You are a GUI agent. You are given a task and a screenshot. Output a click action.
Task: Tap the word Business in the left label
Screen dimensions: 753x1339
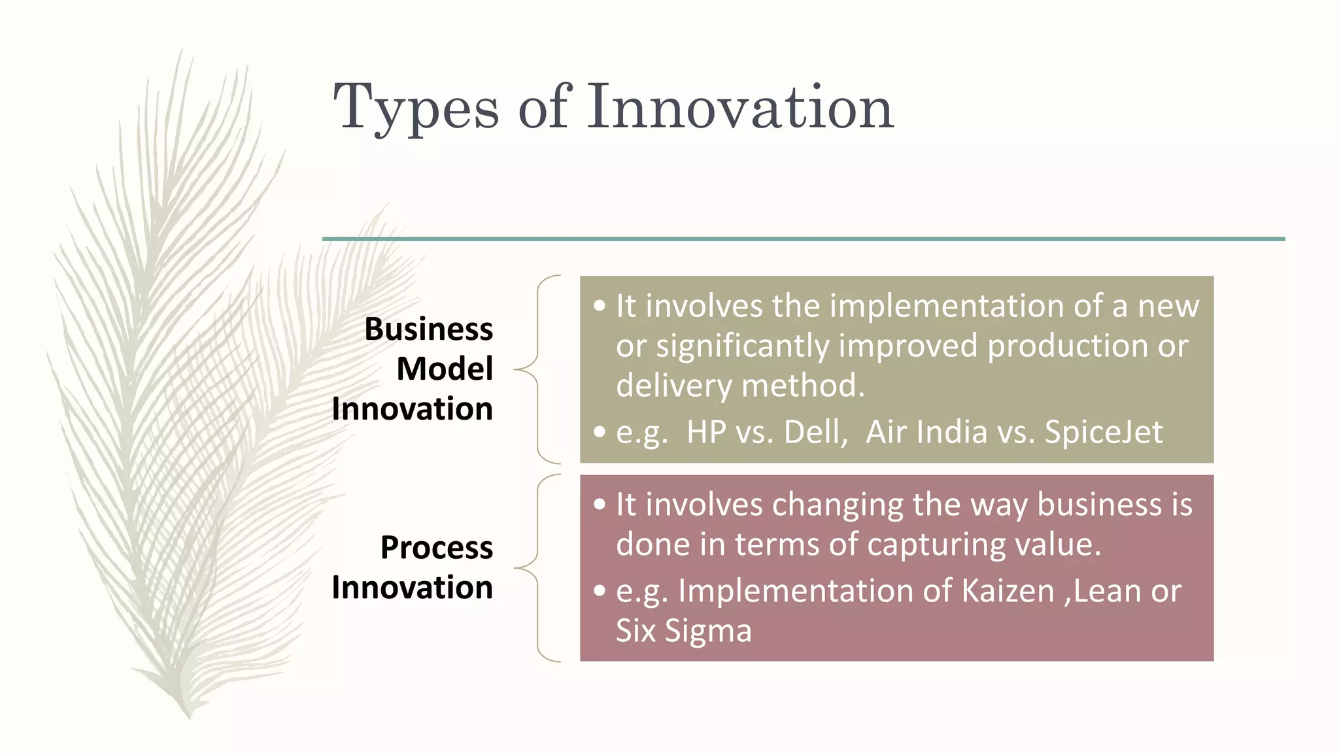[428, 329]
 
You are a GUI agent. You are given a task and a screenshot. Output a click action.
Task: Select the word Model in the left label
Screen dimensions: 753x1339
[444, 369]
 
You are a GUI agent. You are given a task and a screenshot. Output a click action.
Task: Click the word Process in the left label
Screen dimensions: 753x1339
[436, 547]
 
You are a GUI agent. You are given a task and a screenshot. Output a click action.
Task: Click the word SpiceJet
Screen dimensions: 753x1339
[1104, 432]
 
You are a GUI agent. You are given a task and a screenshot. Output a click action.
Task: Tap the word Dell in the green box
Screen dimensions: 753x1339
[814, 432]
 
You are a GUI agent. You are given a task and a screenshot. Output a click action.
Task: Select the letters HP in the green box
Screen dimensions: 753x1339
[706, 432]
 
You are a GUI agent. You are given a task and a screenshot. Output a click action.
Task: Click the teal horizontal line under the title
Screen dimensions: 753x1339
[803, 239]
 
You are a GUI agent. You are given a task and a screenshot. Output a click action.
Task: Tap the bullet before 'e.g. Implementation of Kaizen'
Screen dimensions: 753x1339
[600, 591]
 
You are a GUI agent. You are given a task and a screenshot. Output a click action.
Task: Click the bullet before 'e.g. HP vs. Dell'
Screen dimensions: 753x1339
[600, 432]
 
